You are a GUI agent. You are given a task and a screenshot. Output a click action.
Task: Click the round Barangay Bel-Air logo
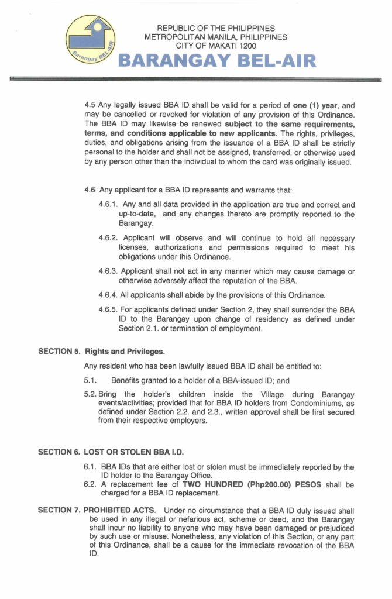click(91, 42)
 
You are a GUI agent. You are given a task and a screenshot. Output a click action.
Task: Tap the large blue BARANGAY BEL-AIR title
click(217, 61)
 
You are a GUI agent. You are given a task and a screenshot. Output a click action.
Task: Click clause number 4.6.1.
click(108, 205)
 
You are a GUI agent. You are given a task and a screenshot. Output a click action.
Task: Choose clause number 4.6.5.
click(109, 309)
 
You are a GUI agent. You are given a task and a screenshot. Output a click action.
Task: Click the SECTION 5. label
click(59, 352)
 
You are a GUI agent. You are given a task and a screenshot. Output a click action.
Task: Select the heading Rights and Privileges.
click(125, 352)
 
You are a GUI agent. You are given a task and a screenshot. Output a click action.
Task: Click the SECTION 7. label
click(59, 510)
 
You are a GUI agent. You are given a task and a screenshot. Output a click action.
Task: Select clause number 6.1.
click(90, 467)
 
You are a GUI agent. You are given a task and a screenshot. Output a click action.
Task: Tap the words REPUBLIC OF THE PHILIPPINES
click(216, 28)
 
